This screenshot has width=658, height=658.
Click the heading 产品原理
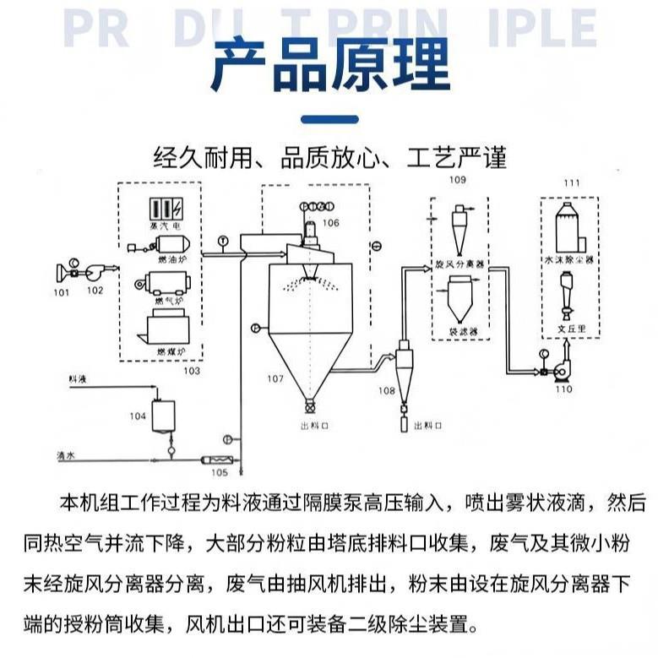click(329, 65)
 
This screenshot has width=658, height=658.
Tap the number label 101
click(61, 292)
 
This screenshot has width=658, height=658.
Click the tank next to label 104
click(161, 413)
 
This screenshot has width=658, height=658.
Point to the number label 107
click(275, 378)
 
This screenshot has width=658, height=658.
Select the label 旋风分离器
click(460, 264)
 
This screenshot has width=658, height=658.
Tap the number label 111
click(571, 182)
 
